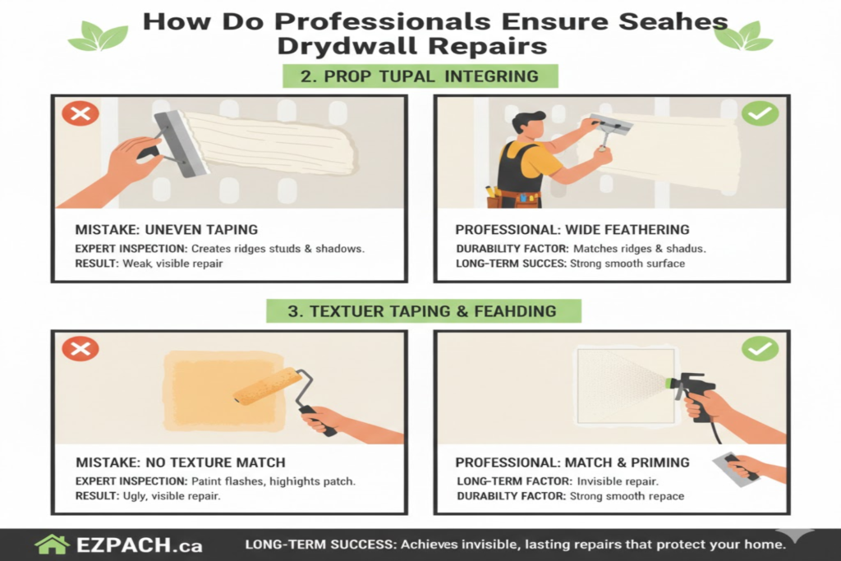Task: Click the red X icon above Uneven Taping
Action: click(x=80, y=113)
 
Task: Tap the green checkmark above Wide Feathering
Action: click(x=760, y=113)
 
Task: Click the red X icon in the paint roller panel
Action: click(x=80, y=348)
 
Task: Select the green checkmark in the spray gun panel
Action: click(x=760, y=348)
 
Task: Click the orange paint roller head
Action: click(x=269, y=385)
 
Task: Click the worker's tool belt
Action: click(x=513, y=198)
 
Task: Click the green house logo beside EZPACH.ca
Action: click(x=52, y=545)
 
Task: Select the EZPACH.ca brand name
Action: click(x=140, y=545)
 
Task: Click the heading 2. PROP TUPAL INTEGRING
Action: click(x=420, y=76)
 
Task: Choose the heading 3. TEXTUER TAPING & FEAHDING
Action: click(x=423, y=311)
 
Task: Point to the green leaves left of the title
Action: click(x=99, y=36)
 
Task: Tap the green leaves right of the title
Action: click(x=743, y=36)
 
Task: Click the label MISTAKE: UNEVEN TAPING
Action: click(x=166, y=229)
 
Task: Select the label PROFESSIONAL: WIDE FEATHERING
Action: click(x=572, y=229)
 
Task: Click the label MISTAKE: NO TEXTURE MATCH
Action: click(x=180, y=462)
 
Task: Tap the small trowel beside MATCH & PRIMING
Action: click(x=736, y=470)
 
